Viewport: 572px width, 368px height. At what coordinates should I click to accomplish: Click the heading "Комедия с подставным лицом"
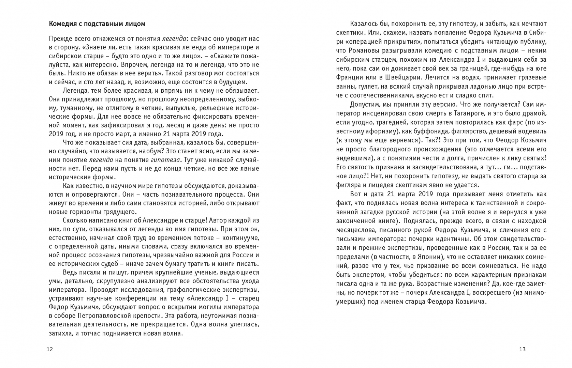[x=97, y=24]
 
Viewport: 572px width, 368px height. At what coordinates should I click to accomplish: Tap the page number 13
[x=523, y=349]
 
